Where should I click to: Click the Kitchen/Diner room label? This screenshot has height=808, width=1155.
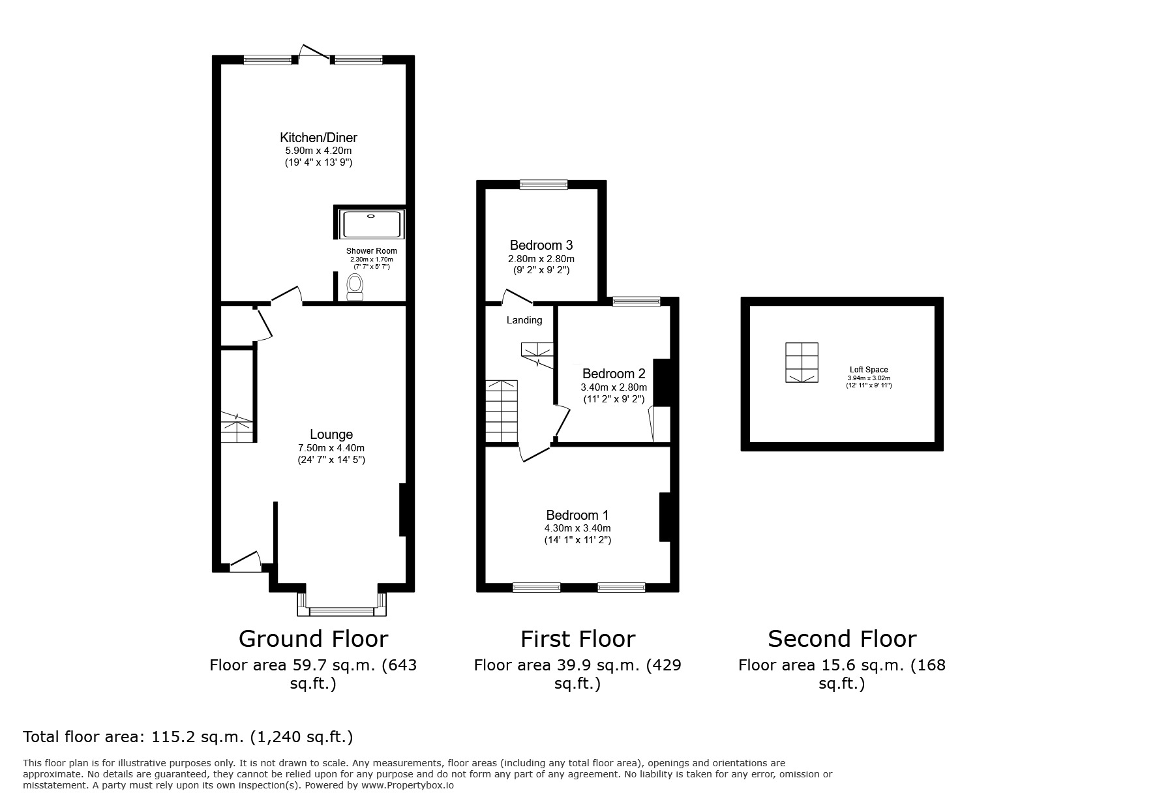coord(318,138)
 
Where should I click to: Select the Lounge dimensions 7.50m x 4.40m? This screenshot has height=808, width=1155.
coord(331,448)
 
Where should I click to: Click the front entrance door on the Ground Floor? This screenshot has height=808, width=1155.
coord(245,562)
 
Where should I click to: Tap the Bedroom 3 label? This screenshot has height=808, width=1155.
coord(541,245)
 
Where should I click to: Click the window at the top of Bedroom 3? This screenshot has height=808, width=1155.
coord(543,185)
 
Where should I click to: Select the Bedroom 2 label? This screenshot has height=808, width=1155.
coord(613,374)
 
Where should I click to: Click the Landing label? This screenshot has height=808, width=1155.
coord(524,320)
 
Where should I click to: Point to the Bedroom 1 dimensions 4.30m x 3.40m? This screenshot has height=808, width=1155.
coord(577,528)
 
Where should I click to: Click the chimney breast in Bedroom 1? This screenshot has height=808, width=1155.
coord(665,516)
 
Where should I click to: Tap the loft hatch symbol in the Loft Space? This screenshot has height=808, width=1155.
coord(802,363)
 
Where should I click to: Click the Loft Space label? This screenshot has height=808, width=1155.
coord(868,370)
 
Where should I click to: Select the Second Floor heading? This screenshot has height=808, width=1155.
coord(841,638)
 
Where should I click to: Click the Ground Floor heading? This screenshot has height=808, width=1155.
coord(313,638)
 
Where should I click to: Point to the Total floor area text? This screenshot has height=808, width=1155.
coord(188,737)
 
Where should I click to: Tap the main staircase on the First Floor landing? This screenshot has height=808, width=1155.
coord(501,411)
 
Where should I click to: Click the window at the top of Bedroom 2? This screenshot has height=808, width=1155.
coord(636,301)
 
